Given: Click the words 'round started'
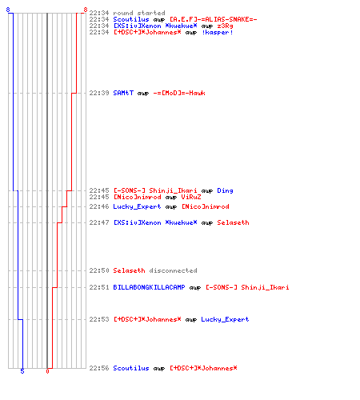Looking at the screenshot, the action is (139, 13).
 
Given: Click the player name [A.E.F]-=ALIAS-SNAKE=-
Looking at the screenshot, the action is (214, 19).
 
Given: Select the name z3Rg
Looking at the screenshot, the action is (225, 26).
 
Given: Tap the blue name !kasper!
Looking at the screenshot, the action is (218, 32).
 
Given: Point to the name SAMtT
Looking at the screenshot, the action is (123, 93).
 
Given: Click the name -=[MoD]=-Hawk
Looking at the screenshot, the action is (179, 93).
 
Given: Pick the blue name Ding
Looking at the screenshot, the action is (225, 190).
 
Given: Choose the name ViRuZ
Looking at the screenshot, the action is (191, 197).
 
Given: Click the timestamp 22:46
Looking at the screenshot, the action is (99, 206).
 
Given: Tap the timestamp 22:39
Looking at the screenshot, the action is (99, 93).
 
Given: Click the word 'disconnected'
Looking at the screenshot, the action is (173, 270).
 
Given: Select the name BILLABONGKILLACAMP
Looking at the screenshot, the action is (149, 287).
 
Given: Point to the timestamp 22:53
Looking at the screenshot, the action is (99, 319).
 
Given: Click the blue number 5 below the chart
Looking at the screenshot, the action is (22, 371).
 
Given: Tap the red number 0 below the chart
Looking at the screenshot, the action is (47, 371).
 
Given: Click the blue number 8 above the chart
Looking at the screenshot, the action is (8, 10).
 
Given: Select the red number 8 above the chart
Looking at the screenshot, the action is (86, 10).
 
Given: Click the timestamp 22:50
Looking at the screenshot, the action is (99, 270).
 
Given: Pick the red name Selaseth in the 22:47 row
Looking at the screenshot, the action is (233, 222).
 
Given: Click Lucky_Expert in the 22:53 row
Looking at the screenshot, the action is (225, 319).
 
